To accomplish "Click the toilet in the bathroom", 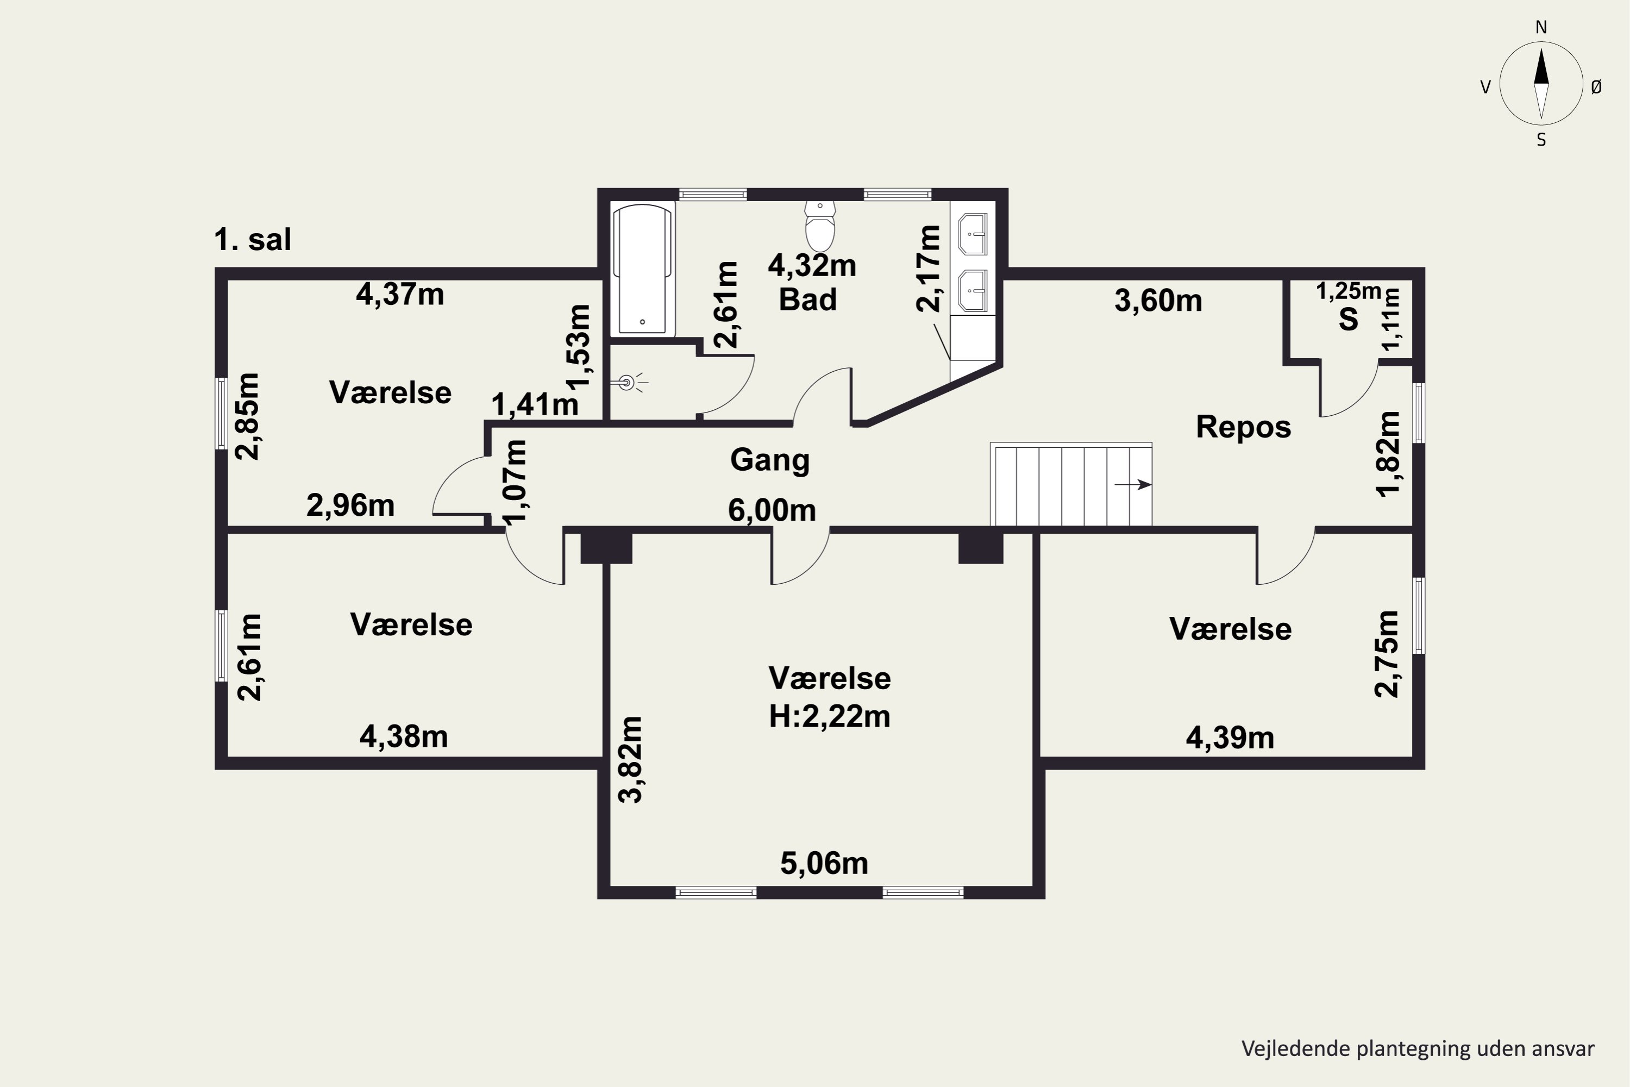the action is [x=820, y=226].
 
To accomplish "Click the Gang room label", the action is [x=770, y=461].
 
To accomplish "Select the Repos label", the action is [x=1243, y=427].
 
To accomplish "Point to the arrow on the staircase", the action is [x=1133, y=485].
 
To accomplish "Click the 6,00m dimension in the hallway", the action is [x=772, y=511].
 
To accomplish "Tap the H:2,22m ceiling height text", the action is [x=830, y=716].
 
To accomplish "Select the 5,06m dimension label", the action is [x=824, y=864].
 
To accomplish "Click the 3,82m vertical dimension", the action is [x=631, y=760].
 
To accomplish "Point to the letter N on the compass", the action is [x=1541, y=28].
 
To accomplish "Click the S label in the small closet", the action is [x=1349, y=320].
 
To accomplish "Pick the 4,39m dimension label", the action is [x=1230, y=738].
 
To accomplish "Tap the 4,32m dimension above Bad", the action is [x=812, y=266].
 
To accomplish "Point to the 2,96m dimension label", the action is [x=350, y=506].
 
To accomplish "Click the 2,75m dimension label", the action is [x=1386, y=654].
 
